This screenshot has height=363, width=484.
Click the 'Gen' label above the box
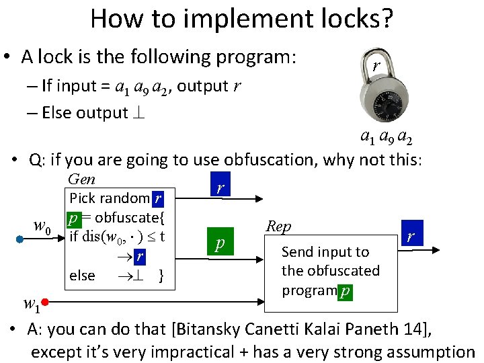(x=82, y=179)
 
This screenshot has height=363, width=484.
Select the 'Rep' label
(x=278, y=226)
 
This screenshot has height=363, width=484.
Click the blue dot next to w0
(x=20, y=238)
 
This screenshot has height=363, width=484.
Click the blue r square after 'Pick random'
(x=157, y=198)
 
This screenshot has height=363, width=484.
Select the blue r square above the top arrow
(x=219, y=189)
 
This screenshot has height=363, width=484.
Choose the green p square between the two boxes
(x=219, y=243)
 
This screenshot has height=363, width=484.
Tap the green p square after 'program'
(x=345, y=291)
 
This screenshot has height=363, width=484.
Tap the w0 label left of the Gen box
(x=42, y=229)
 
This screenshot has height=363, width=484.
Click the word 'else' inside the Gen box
(x=82, y=276)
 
